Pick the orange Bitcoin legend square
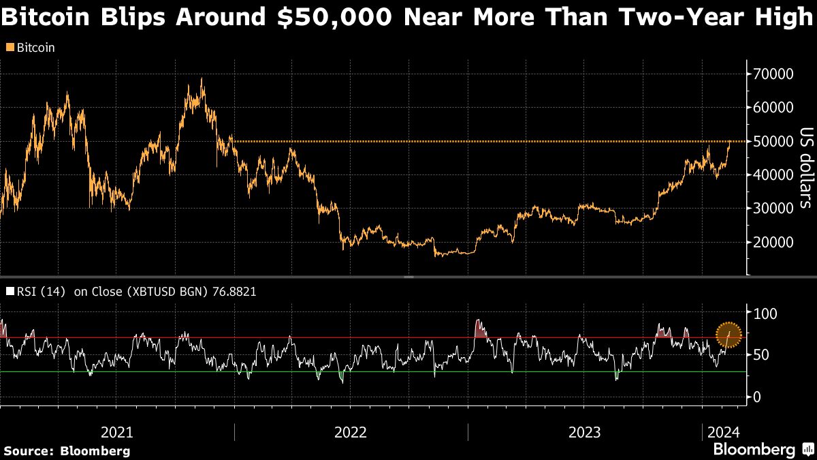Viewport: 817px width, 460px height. click(x=9, y=48)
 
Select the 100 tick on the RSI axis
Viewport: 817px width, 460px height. click(x=763, y=313)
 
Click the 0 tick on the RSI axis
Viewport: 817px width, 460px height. click(x=756, y=397)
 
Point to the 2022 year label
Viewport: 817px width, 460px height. click(x=351, y=432)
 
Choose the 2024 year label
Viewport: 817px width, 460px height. click(x=722, y=432)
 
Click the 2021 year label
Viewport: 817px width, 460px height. click(x=116, y=432)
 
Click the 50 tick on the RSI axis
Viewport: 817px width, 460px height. click(x=760, y=355)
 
